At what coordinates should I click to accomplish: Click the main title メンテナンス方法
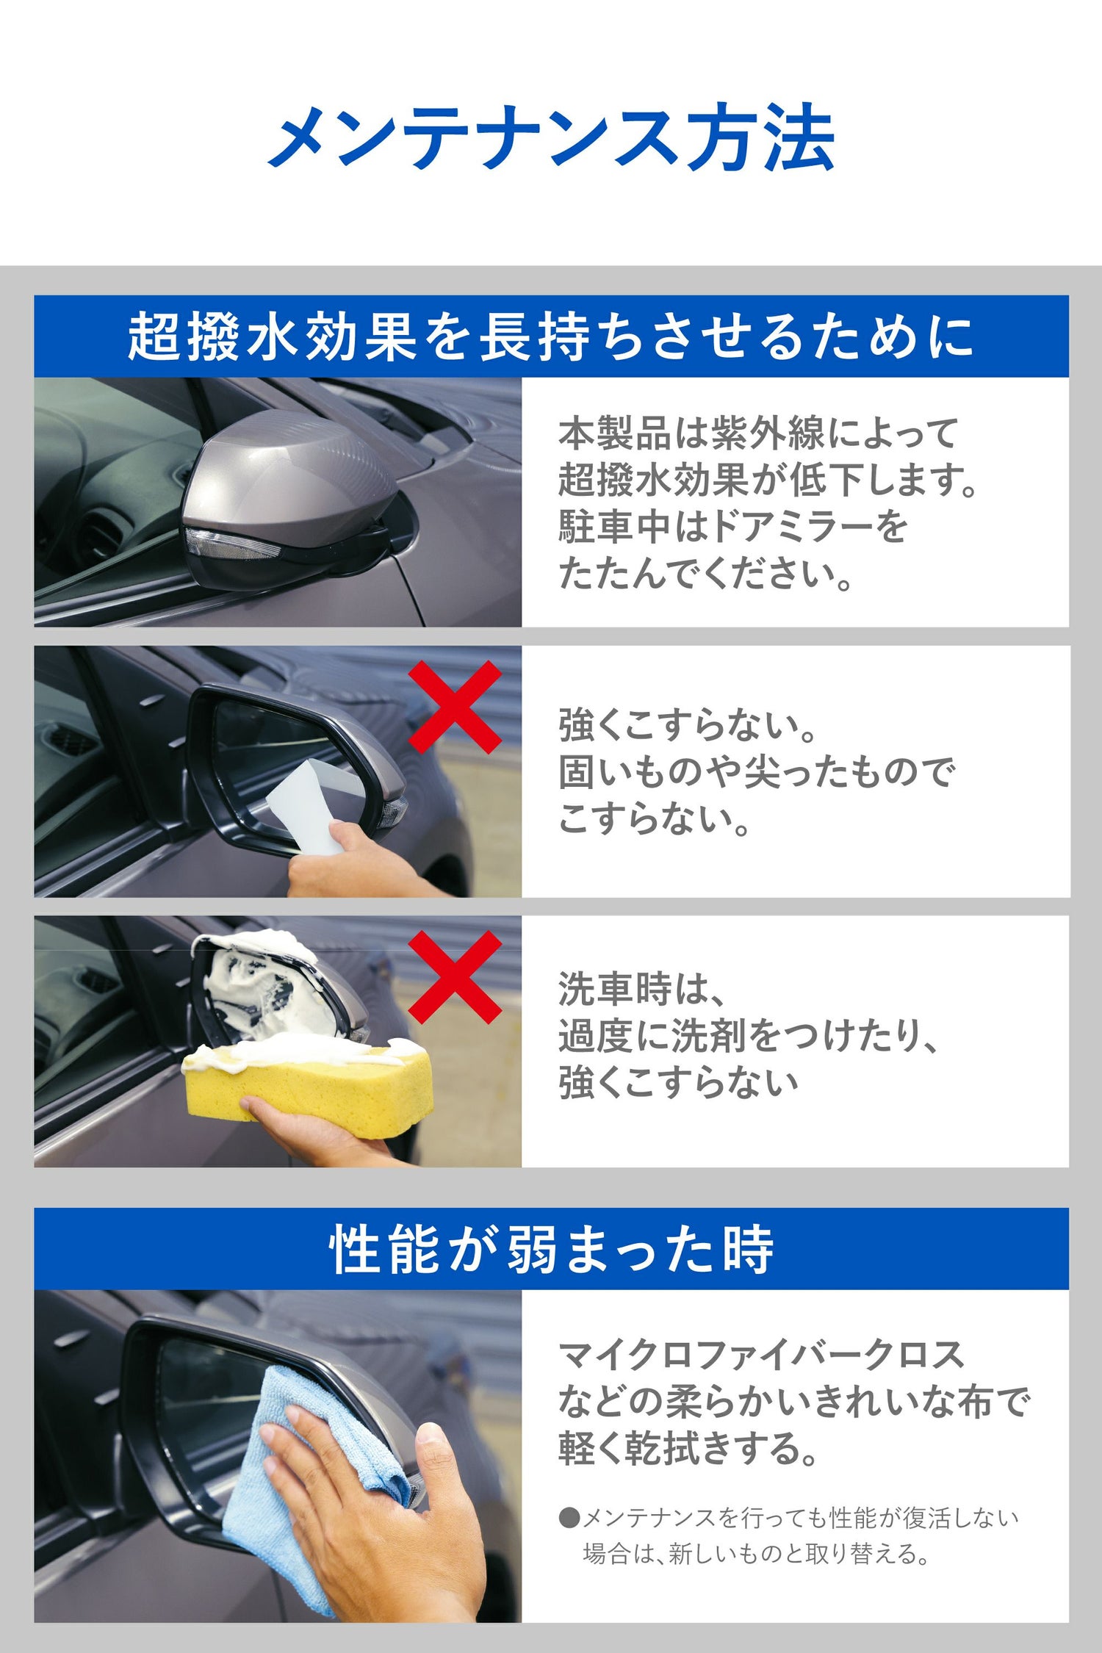[x=551, y=138]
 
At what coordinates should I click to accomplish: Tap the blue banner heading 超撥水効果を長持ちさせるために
[x=551, y=337]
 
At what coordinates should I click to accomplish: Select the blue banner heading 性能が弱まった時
[x=551, y=1250]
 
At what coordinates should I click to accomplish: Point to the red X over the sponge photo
[x=455, y=977]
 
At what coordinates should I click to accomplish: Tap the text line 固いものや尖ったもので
[x=757, y=772]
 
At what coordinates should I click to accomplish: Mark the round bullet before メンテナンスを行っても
[x=569, y=1518]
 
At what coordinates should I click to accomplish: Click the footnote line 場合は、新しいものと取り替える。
[x=757, y=1553]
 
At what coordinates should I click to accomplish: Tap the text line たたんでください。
[x=705, y=574]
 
